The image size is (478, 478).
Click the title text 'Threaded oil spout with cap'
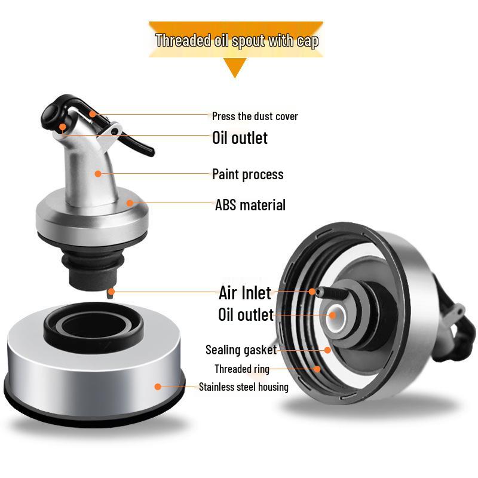point(237,41)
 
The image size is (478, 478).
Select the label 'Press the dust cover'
point(255,116)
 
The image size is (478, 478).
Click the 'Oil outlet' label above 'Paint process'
point(240,138)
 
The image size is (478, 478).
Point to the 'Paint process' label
point(247,174)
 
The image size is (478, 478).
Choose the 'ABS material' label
point(250,205)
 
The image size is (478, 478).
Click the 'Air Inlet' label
point(245,293)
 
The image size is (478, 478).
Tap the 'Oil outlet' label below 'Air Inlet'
point(246,315)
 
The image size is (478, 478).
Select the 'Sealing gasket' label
point(241,350)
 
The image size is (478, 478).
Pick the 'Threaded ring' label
point(242,369)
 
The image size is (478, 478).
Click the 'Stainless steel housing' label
point(244,387)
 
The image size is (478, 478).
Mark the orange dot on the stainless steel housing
point(158,387)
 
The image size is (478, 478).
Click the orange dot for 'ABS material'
point(129,203)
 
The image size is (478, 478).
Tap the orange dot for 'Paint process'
point(98,174)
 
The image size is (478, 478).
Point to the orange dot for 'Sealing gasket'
point(327,350)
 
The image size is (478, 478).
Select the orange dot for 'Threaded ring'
point(317,369)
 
